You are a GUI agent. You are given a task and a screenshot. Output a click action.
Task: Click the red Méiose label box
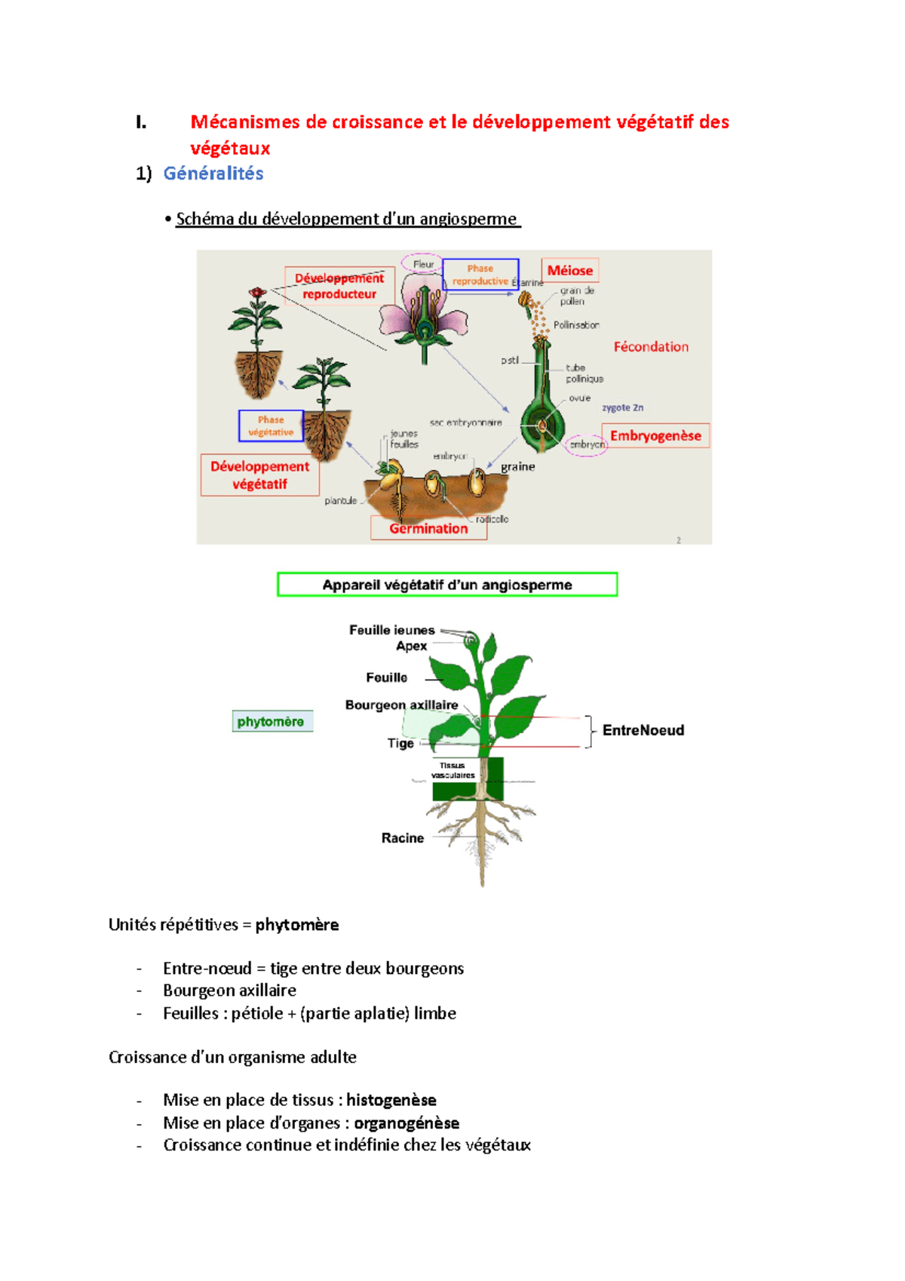point(569,270)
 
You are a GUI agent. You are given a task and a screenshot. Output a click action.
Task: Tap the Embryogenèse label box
point(655,435)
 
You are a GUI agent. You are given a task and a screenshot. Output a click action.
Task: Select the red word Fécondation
point(651,347)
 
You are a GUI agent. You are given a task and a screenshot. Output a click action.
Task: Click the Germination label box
point(428,528)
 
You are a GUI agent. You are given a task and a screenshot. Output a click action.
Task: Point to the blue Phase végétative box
point(271,425)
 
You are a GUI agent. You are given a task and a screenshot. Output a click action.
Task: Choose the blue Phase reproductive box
point(480,275)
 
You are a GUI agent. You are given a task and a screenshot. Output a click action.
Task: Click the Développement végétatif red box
point(259,475)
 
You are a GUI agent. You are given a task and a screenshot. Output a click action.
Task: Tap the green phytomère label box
point(271,721)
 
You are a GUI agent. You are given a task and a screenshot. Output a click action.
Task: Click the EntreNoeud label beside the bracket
point(643,730)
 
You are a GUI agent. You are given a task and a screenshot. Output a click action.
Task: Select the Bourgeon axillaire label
point(401,705)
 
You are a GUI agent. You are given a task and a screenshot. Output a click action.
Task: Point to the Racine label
point(402,838)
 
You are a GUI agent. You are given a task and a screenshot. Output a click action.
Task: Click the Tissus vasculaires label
point(452,770)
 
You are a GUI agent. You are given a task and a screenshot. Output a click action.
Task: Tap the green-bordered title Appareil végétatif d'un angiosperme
point(447,585)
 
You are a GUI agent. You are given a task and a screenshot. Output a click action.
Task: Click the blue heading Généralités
point(213,174)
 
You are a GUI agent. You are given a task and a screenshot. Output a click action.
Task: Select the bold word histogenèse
point(391,1100)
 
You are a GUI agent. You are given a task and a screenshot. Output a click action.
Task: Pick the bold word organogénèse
point(406,1123)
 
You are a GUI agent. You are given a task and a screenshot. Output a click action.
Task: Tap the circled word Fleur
point(423,264)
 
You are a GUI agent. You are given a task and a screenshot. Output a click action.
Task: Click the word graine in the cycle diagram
point(517,467)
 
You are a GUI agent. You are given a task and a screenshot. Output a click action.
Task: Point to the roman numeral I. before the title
point(141,122)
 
